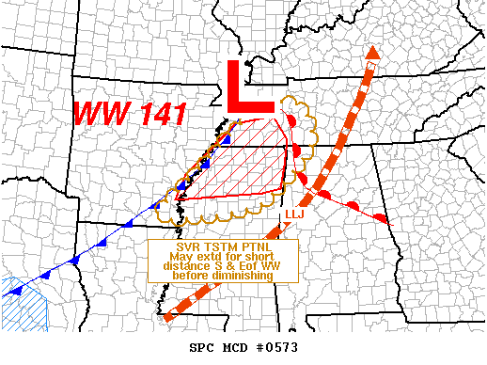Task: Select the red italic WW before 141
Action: tap(97, 114)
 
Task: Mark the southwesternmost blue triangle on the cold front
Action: tap(14, 291)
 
